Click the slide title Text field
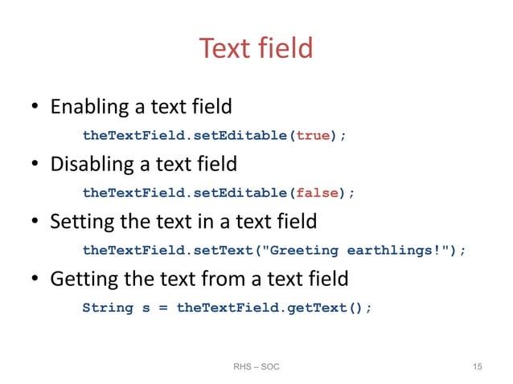pyautogui.click(x=256, y=50)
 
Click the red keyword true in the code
pyautogui.click(x=314, y=135)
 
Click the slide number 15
pyautogui.click(x=477, y=366)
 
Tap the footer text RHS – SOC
pyautogui.click(x=256, y=366)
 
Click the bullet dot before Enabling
pyautogui.click(x=35, y=108)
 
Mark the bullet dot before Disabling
pyautogui.click(x=35, y=166)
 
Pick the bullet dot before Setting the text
pyautogui.click(x=35, y=223)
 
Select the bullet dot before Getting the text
pyautogui.click(x=35, y=280)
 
